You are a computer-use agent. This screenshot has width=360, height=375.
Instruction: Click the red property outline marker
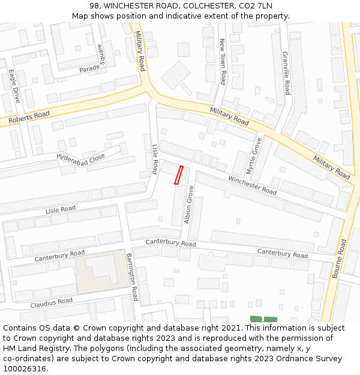click(x=178, y=175)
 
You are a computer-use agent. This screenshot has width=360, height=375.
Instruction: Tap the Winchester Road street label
click(x=252, y=185)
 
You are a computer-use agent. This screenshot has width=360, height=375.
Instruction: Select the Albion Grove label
click(x=189, y=205)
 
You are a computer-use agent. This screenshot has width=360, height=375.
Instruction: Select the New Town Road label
click(x=222, y=61)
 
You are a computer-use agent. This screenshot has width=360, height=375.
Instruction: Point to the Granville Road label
click(x=286, y=73)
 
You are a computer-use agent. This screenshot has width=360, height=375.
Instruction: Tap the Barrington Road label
click(x=132, y=277)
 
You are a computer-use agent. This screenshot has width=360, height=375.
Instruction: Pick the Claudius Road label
click(x=52, y=303)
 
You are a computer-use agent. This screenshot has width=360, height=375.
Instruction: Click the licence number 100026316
click(x=25, y=368)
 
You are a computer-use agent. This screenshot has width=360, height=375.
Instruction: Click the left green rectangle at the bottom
click(x=256, y=319)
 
